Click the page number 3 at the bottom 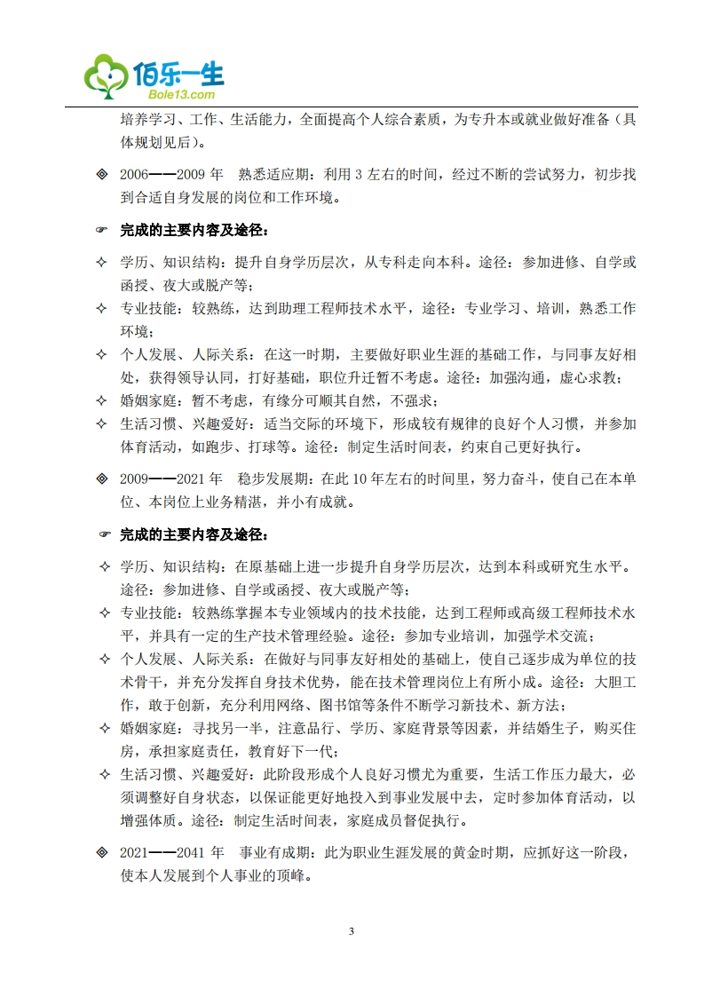coord(352,931)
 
